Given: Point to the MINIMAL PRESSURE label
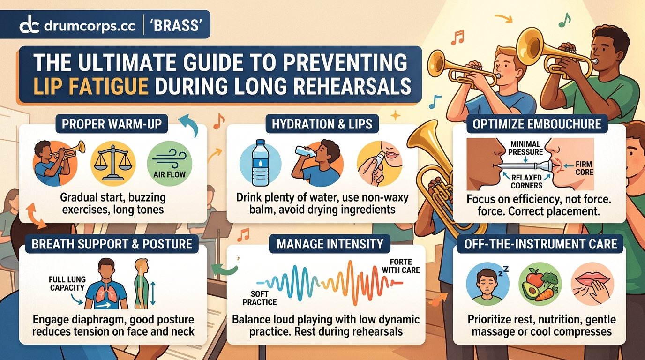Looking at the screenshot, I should pyautogui.click(x=526, y=148).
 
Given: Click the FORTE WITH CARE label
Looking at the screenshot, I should pyautogui.click(x=401, y=266).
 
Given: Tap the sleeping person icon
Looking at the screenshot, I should pyautogui.click(x=487, y=284).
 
